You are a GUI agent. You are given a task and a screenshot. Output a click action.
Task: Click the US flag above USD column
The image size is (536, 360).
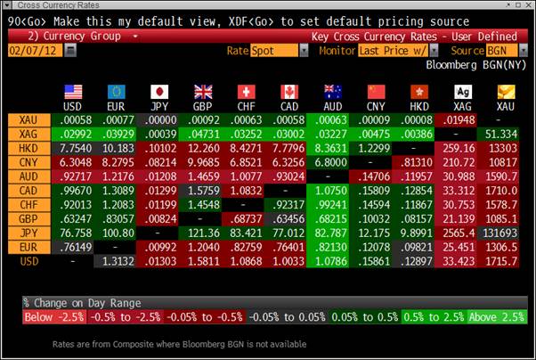point(74,91)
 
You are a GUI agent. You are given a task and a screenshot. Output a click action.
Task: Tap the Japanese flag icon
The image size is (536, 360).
point(160,91)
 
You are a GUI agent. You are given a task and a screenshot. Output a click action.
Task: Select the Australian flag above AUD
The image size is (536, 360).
point(331,91)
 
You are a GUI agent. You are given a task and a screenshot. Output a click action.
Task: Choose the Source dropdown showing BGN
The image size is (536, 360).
point(507,51)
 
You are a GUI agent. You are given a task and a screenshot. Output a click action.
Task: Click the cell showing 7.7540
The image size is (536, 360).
point(74,148)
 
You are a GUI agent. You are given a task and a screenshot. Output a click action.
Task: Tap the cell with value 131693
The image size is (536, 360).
point(505,233)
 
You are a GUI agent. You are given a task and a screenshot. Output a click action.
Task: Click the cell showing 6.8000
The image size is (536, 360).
point(330,162)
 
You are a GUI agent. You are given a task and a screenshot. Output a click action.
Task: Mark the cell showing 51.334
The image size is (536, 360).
point(505,134)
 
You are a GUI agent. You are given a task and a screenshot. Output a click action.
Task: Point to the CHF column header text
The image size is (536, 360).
point(245,106)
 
